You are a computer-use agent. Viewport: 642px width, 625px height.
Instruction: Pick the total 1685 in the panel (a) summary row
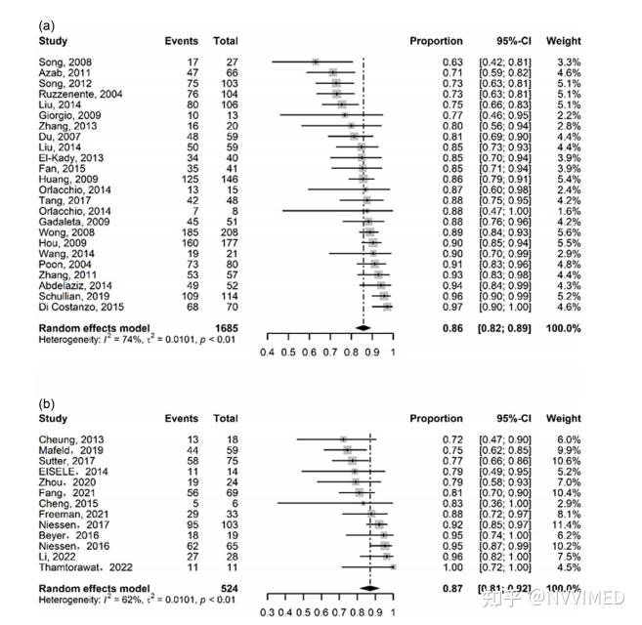tap(225, 329)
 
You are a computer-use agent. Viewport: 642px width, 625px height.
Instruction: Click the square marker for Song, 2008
tap(315, 62)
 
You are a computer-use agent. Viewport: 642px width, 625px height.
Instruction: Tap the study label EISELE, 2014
tap(64, 471)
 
